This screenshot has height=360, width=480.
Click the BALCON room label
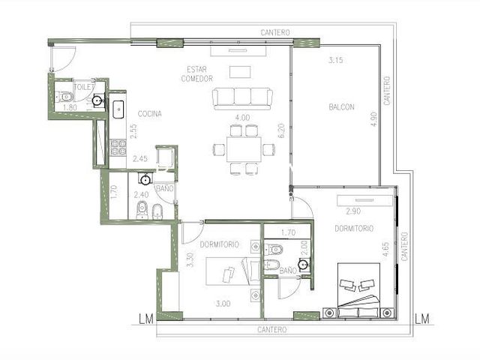pyautogui.click(x=342, y=107)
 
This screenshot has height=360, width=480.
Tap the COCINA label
pyautogui.click(x=149, y=114)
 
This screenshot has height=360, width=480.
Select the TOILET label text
pyautogui.click(x=84, y=87)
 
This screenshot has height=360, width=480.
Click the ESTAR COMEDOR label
pyautogui.click(x=196, y=74)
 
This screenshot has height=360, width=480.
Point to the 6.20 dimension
pyautogui.click(x=282, y=130)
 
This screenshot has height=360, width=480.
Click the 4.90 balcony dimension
pyautogui.click(x=373, y=119)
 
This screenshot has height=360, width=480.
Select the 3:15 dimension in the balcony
pyautogui.click(x=336, y=60)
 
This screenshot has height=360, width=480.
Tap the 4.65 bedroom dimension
pyautogui.click(x=385, y=250)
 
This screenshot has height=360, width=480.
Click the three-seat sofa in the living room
pyautogui.click(x=242, y=98)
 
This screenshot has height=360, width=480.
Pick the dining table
pyautogui.click(x=244, y=149)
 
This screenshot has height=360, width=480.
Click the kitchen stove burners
pyautogui.click(x=118, y=148)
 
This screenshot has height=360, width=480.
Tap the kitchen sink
pyautogui.click(x=118, y=109)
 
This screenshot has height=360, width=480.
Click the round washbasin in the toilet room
pyautogui.click(x=97, y=100)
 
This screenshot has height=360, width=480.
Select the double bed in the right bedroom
pyautogui.click(x=358, y=290)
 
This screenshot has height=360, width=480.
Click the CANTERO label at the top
pyautogui.click(x=275, y=32)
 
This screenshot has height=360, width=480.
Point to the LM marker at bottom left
pyautogui.click(x=146, y=319)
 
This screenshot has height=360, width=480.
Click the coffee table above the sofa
pyautogui.click(x=240, y=72)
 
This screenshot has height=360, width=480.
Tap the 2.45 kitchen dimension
pyautogui.click(x=140, y=158)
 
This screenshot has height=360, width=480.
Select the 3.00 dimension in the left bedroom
pyautogui.click(x=223, y=304)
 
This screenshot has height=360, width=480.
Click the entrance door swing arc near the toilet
pyautogui.click(x=71, y=61)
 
